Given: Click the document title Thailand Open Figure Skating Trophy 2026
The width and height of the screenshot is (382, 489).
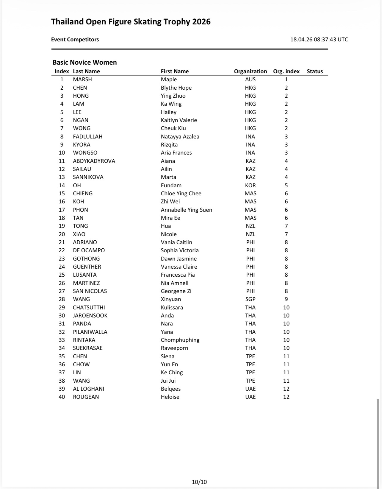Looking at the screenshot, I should click(x=131, y=22).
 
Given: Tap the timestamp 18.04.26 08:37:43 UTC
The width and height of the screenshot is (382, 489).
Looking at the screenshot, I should click(x=319, y=39).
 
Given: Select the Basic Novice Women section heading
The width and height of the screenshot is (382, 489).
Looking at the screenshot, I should click(x=84, y=62).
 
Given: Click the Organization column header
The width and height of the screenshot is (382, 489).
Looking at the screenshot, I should click(x=250, y=71).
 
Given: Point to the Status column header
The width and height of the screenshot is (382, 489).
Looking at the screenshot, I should click(x=315, y=71).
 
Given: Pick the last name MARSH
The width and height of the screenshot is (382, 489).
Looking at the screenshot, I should click(x=82, y=80).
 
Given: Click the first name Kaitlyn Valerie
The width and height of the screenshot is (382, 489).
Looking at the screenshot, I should click(x=179, y=120).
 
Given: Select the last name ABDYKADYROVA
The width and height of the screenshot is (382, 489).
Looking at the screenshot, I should click(x=94, y=161).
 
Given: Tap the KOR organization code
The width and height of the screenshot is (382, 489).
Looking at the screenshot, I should click(x=250, y=185).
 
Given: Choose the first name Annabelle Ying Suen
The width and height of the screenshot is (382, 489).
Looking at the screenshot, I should click(x=186, y=210).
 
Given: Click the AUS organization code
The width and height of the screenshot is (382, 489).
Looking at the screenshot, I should click(x=250, y=80).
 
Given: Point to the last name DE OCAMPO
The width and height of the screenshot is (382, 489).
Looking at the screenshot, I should click(x=89, y=250).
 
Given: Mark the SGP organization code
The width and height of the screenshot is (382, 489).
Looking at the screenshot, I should click(x=250, y=299).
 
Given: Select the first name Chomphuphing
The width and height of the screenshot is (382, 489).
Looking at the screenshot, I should click(x=180, y=340).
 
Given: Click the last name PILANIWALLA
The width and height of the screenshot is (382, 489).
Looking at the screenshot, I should click(x=90, y=332).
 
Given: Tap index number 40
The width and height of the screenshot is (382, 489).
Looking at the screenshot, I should click(x=62, y=397).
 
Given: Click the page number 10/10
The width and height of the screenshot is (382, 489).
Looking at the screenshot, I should click(x=199, y=482).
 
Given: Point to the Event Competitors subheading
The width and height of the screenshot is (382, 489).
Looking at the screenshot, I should click(x=75, y=39).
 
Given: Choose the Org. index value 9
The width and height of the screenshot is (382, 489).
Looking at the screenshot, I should click(x=286, y=299).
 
